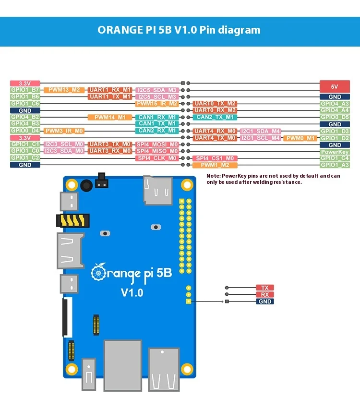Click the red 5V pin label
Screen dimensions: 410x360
tap(335, 86)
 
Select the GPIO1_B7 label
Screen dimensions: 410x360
tap(25, 90)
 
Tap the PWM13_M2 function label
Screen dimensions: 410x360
tap(64, 90)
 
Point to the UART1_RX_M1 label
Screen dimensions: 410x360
tap(109, 90)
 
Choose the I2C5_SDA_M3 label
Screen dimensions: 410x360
tap(157, 90)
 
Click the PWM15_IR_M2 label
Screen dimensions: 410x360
tap(157, 103)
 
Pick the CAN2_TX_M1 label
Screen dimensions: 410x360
tap(215, 117)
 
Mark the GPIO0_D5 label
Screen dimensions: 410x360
tap(335, 117)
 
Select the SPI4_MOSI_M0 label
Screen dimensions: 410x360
tap(157, 144)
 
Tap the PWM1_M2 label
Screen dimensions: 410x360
tap(215, 165)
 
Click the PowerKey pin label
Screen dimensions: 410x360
tap(335, 151)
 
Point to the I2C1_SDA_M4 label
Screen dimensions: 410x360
tap(260, 131)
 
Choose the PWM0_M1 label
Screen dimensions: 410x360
tap(300, 138)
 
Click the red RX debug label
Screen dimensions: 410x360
tap(264, 294)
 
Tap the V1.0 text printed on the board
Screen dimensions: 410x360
tap(132, 292)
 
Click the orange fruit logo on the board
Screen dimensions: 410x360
tap(98, 272)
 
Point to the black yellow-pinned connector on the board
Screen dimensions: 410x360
tap(72, 220)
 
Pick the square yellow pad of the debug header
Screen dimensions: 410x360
tap(188, 301)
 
